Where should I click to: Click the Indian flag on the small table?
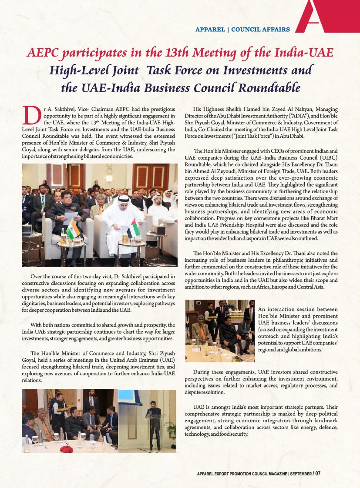pyautogui.click(x=72, y=229)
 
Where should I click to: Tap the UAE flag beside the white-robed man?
pyautogui.click(x=132, y=227)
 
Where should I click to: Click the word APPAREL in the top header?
pyautogui.click(x=210, y=30)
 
